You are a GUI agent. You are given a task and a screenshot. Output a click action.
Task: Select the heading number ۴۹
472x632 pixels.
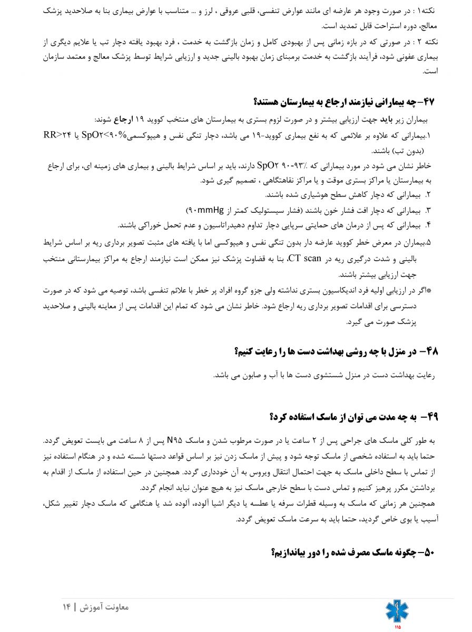pos(431,417)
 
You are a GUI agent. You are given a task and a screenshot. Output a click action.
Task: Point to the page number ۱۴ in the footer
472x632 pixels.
pos(66,607)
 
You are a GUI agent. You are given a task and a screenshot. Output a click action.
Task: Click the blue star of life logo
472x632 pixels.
pos(396,610)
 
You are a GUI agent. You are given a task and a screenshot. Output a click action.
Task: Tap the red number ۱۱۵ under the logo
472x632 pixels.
pos(397,627)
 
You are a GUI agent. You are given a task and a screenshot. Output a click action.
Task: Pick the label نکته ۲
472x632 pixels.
pos(425,42)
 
